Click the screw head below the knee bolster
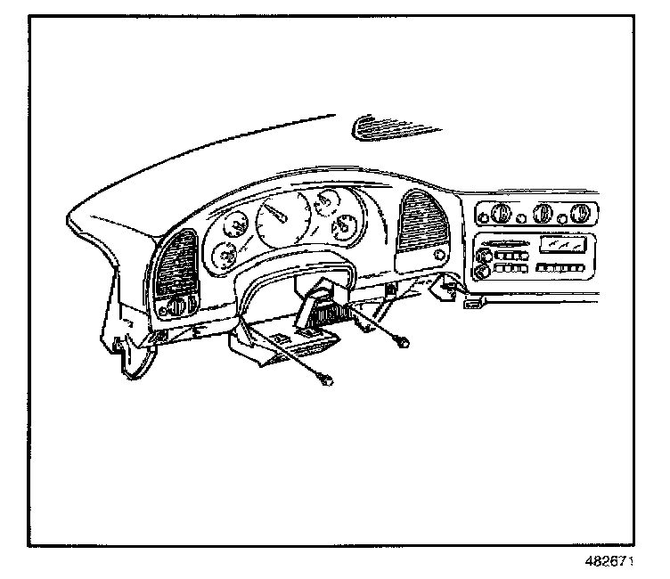pyautogui.click(x=328, y=381)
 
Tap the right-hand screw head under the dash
pyautogui.click(x=404, y=341)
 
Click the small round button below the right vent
pyautogui.click(x=440, y=256)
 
